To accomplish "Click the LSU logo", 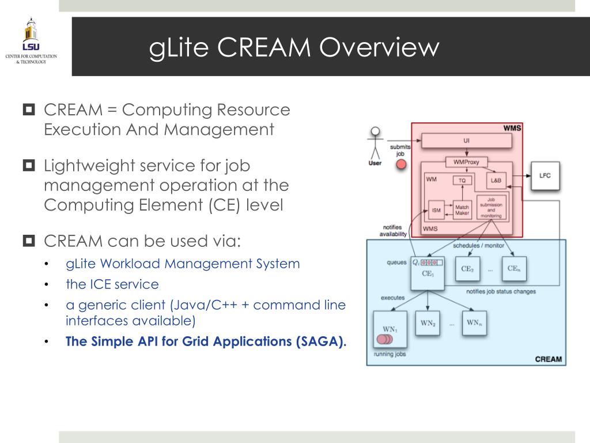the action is click(x=31, y=41).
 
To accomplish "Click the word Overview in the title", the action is click(x=379, y=47).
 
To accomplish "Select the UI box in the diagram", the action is click(x=467, y=141).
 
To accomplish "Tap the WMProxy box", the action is click(x=466, y=162).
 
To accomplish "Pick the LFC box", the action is click(x=545, y=175).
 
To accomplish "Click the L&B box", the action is click(x=496, y=180).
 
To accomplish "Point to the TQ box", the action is click(x=462, y=181).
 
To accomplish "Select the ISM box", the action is click(x=437, y=210).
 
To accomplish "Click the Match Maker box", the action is click(x=462, y=210).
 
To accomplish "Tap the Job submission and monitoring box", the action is click(x=491, y=208).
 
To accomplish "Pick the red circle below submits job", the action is click(x=401, y=164).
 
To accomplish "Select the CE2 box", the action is click(x=467, y=269).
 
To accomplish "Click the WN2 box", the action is click(x=428, y=323).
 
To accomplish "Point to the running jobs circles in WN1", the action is click(x=384, y=339).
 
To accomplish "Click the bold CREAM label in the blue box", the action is click(x=549, y=359).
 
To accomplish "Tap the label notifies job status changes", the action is click(x=501, y=291).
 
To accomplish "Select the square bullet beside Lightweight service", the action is click(x=29, y=165).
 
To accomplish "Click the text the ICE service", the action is click(x=112, y=284).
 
